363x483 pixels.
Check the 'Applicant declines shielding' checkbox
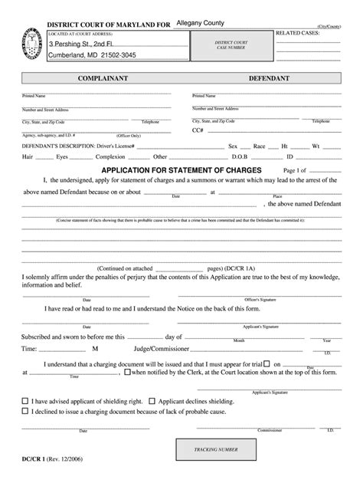click(152, 400)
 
